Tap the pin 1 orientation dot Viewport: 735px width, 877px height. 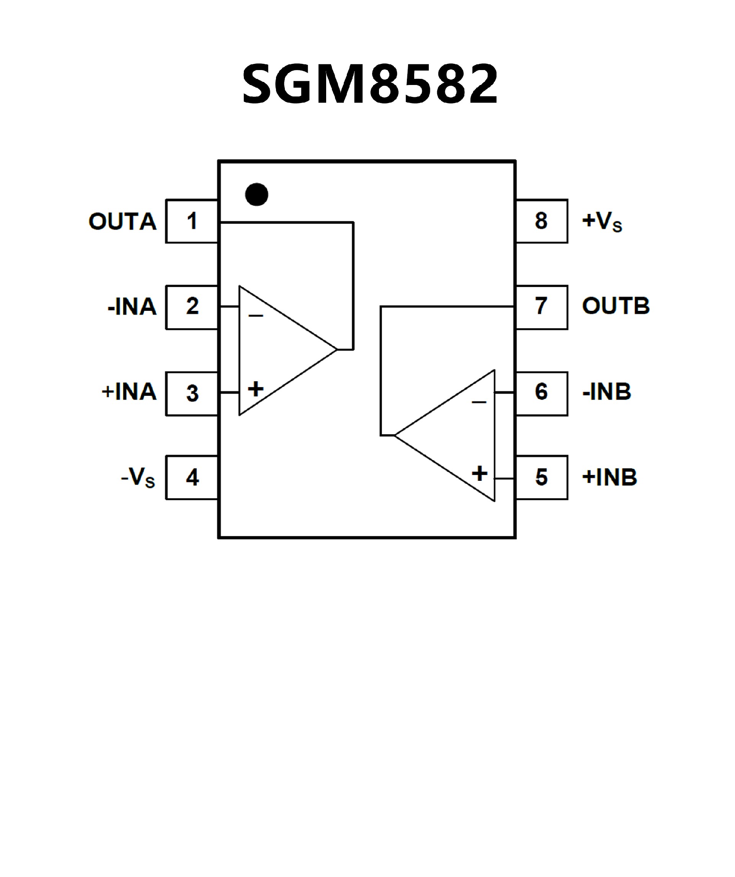point(256,194)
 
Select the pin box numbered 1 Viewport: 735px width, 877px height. point(192,221)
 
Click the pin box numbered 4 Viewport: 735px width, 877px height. point(192,477)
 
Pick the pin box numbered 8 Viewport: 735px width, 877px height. point(542,221)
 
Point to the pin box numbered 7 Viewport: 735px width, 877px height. point(542,307)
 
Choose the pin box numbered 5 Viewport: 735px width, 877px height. point(542,477)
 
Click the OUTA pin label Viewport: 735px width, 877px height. point(122,221)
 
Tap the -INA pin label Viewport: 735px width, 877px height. point(132,307)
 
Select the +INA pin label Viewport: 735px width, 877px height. point(129,392)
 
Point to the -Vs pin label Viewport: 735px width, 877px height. point(138,477)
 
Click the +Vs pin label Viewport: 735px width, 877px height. point(602,221)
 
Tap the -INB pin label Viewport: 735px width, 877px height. point(606,392)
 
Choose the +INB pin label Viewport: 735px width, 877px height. point(609,477)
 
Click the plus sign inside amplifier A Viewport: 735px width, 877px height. point(256,389)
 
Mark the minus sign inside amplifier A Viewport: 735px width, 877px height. point(256,316)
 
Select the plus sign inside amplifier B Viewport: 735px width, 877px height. point(479,473)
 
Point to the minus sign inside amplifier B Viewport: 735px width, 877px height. point(479,402)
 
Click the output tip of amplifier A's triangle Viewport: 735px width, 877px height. point(336,349)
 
